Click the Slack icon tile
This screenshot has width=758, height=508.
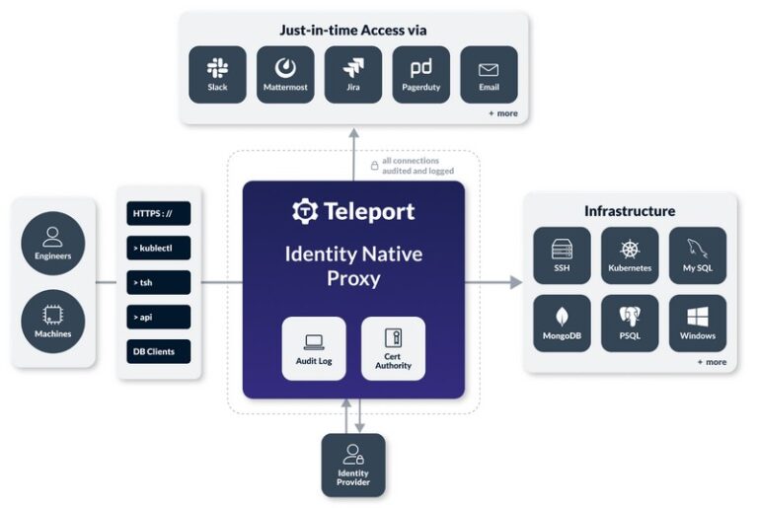point(217,74)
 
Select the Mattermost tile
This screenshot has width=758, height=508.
point(285,74)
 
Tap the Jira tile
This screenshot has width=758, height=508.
point(353,74)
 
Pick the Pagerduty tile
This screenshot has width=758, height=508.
point(420,74)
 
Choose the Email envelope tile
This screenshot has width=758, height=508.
point(489,74)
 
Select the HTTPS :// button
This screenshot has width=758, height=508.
point(158,213)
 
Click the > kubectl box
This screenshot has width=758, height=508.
point(158,248)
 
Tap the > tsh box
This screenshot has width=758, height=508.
point(158,282)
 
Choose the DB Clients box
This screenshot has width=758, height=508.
point(158,351)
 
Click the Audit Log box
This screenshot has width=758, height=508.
point(314,348)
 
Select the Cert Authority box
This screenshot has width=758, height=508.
point(393,348)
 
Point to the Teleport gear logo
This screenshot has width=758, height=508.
point(304,211)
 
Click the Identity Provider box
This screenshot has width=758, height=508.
point(353,465)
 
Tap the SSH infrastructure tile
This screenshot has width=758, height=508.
point(562,255)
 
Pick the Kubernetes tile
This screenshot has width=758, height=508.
point(630,255)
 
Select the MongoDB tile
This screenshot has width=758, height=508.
point(562,324)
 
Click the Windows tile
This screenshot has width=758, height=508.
point(698,324)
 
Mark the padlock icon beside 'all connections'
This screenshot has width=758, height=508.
point(374,166)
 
